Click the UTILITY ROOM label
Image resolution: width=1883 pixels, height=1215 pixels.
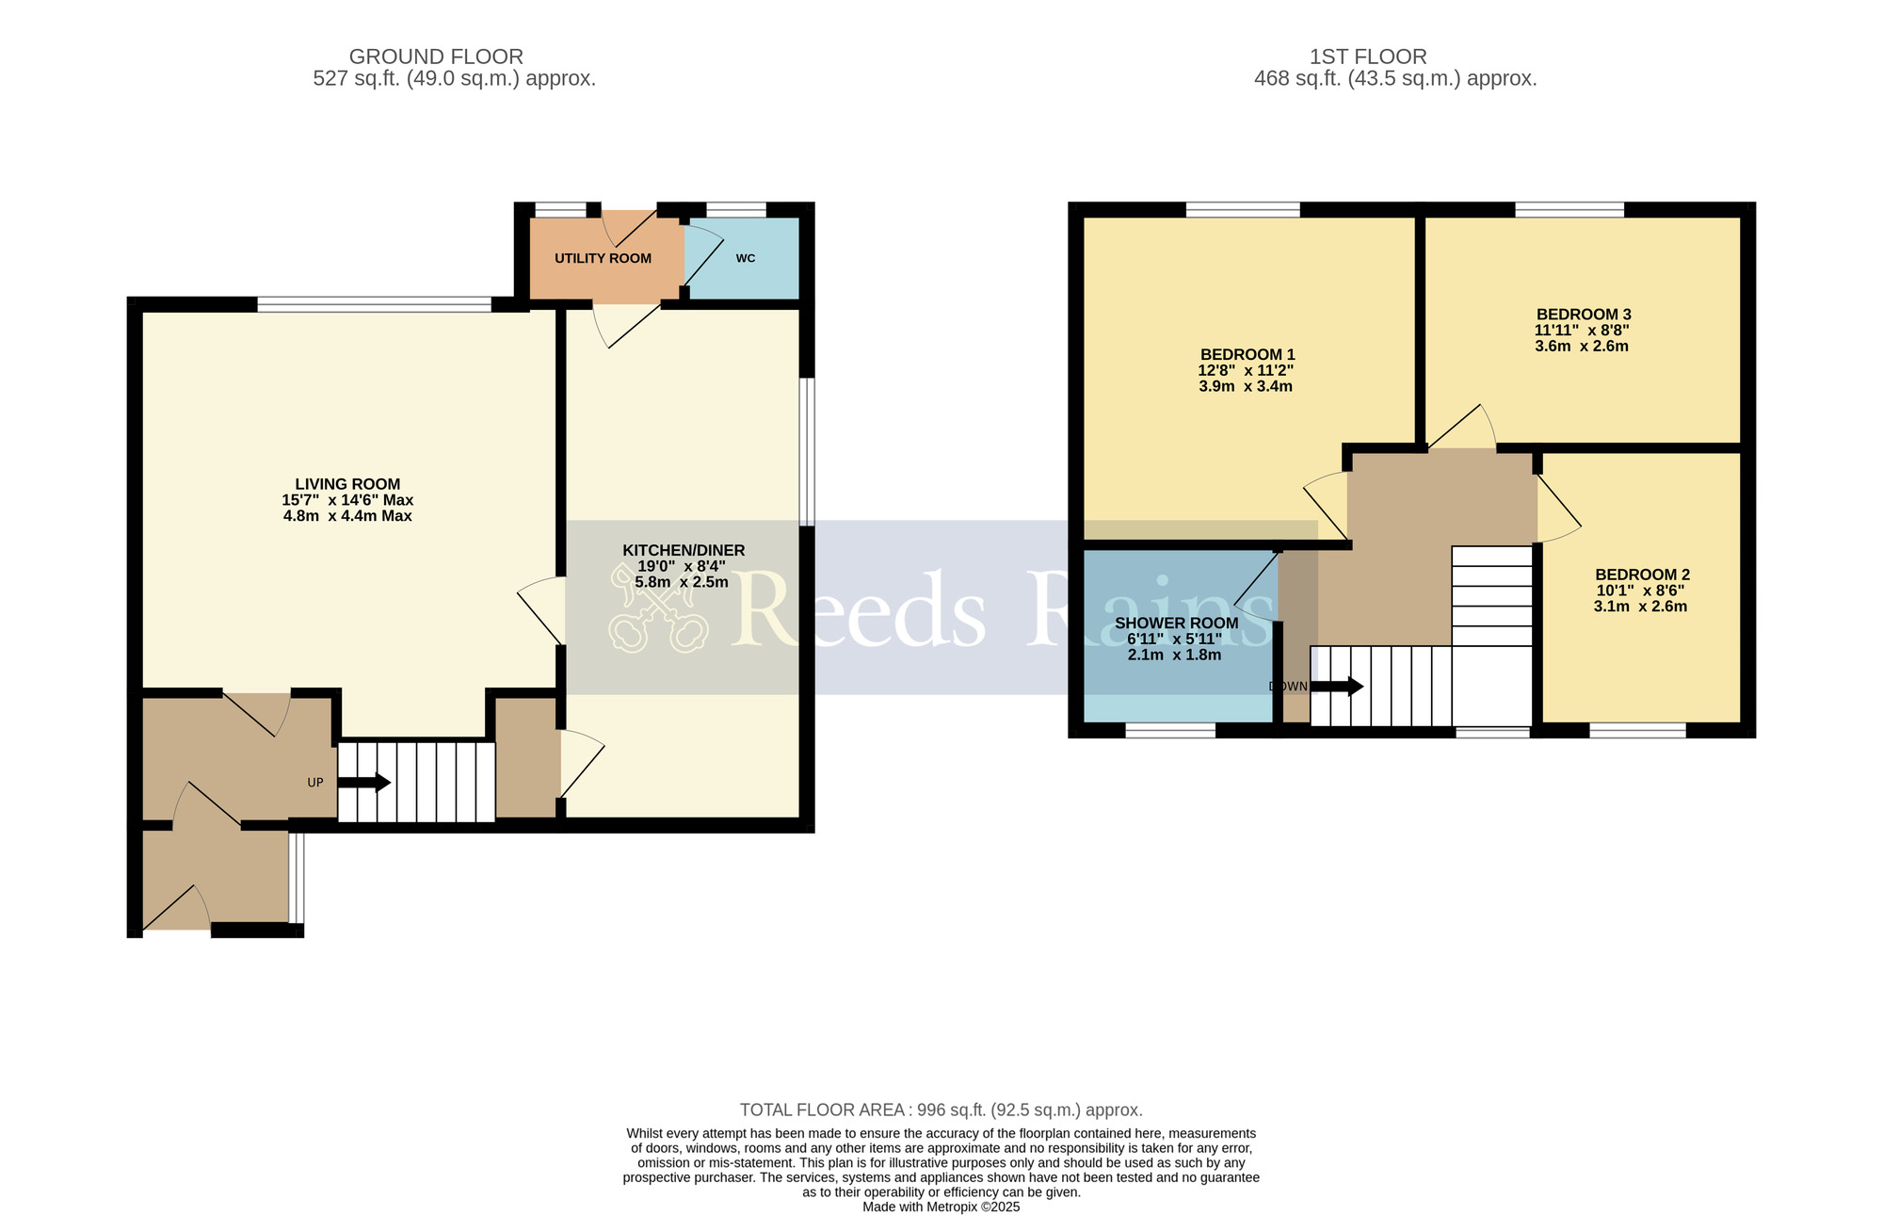tap(603, 258)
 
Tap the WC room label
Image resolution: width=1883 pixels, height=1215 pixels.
tap(745, 258)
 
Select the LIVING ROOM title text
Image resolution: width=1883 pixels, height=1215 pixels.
tap(347, 484)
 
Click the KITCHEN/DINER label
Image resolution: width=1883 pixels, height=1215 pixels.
tap(684, 550)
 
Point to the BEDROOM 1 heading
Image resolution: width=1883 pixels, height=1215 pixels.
tap(1246, 355)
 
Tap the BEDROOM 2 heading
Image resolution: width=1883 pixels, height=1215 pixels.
tap(1642, 575)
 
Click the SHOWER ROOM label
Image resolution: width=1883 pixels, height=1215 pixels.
tap(1176, 623)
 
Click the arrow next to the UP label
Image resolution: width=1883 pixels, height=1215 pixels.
tap(364, 783)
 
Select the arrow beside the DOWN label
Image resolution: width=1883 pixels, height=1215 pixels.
tap(1337, 687)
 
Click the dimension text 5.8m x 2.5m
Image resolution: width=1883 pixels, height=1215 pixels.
tap(682, 582)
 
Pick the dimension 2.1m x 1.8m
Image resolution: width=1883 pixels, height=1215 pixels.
tap(1174, 655)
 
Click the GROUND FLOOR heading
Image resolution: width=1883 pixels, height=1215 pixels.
tap(436, 57)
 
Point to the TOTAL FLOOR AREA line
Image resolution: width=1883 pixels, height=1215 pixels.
tap(941, 1110)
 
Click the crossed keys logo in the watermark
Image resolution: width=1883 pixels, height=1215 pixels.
tap(657, 607)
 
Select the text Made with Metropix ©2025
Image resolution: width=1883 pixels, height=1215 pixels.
tap(941, 1207)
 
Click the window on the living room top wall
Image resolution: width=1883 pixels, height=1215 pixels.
tap(374, 304)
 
